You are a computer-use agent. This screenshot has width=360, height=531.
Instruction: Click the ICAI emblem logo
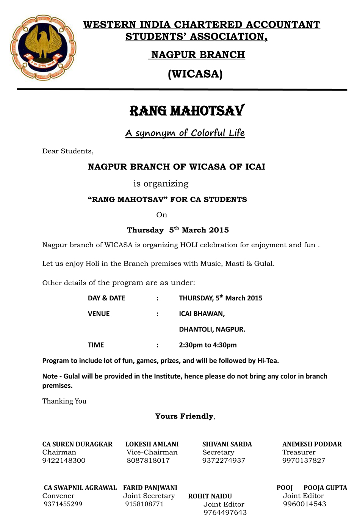click(x=43, y=47)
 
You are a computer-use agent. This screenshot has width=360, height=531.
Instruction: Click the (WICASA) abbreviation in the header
click(x=195, y=74)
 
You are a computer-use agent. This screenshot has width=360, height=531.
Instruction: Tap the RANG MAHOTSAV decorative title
click(x=187, y=111)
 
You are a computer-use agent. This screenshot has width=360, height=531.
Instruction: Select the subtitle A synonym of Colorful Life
click(x=185, y=133)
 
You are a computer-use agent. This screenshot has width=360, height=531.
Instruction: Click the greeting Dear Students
click(x=68, y=151)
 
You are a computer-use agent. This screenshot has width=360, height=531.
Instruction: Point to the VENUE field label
click(x=99, y=314)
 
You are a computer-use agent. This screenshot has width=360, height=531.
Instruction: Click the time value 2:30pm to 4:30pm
click(x=208, y=345)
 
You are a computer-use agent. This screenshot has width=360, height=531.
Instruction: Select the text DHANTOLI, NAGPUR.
click(x=212, y=330)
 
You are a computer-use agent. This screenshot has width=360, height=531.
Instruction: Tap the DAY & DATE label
click(x=106, y=298)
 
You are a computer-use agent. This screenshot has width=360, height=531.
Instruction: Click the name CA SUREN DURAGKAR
click(x=77, y=445)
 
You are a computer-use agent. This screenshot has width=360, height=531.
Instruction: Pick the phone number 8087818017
click(x=148, y=461)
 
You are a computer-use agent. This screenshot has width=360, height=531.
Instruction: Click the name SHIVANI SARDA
click(x=227, y=445)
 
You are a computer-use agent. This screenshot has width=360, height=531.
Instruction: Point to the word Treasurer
click(x=299, y=452)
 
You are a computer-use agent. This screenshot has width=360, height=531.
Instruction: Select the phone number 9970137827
click(x=304, y=461)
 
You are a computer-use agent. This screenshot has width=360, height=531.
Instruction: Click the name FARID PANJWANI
click(x=150, y=488)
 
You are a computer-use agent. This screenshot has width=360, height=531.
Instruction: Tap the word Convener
click(x=58, y=496)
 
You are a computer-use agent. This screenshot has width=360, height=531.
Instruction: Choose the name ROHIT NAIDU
click(x=210, y=496)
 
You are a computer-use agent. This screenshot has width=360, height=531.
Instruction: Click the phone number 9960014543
click(x=304, y=504)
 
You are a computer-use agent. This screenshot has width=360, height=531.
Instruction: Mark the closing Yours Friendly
click(x=184, y=416)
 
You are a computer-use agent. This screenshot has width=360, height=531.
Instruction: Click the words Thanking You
click(x=64, y=401)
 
